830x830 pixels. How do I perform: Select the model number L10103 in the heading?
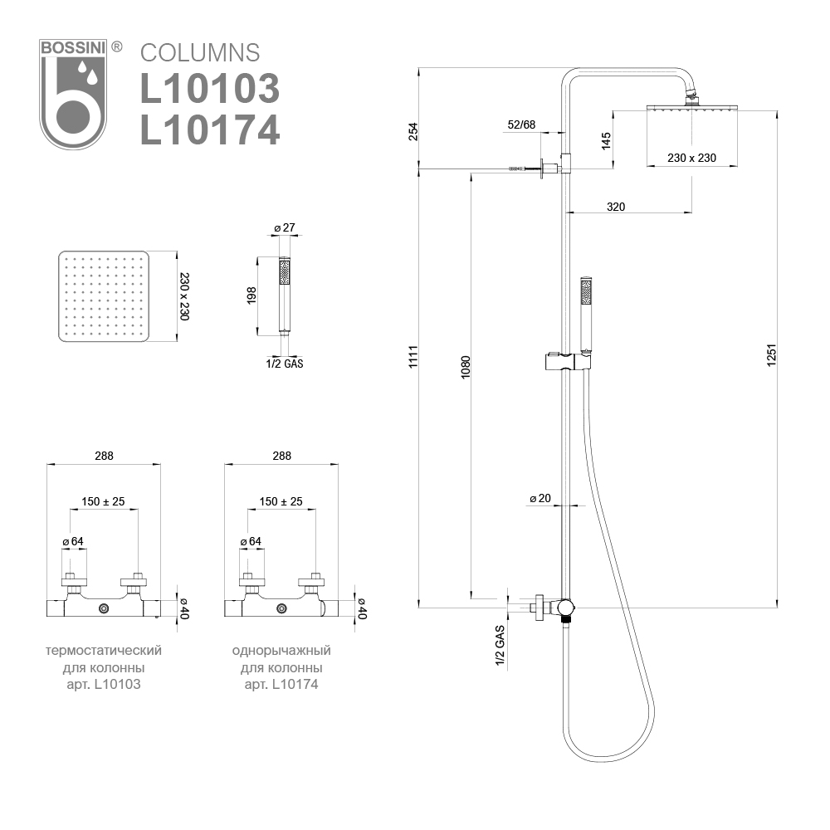point(209,88)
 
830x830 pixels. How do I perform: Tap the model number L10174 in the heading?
point(209,129)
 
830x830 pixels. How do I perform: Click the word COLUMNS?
point(199,52)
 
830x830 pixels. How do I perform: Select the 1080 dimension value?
point(466,369)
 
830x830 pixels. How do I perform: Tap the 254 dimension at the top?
point(413,131)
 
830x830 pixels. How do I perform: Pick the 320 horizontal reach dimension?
point(615,206)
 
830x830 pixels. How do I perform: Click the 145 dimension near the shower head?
point(606,140)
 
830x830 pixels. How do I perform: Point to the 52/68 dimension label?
point(521,124)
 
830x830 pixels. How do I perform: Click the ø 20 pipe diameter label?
point(539,499)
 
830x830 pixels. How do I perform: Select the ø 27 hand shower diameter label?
point(285,228)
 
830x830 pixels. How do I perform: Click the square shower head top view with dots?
point(104,296)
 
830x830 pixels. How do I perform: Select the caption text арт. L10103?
point(103,684)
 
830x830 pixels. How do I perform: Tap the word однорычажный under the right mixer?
point(281,649)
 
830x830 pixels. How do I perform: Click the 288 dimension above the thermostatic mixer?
point(104,455)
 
